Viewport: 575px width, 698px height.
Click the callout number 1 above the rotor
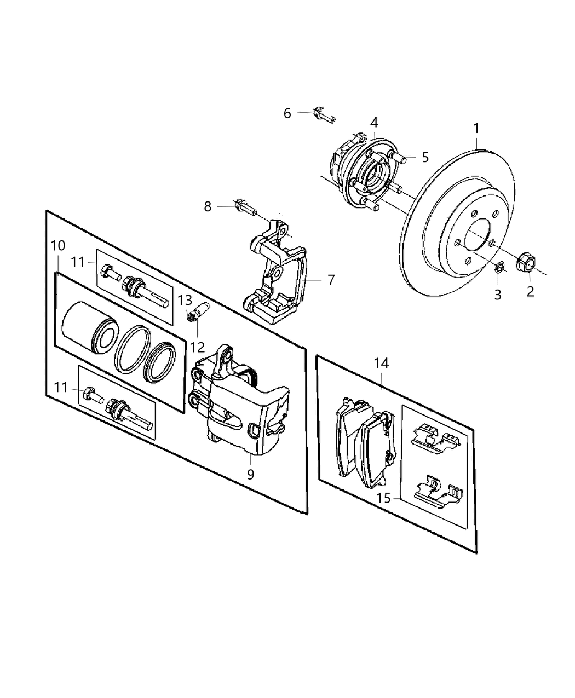coord(476,129)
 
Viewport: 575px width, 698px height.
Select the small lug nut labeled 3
coord(499,268)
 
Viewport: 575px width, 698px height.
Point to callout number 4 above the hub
coord(373,122)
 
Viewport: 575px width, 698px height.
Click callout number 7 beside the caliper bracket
coord(330,280)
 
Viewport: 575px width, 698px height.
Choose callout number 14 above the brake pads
coord(382,362)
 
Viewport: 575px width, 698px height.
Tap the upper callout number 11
coord(78,262)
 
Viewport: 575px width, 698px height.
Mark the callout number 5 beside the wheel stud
coord(426,158)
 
